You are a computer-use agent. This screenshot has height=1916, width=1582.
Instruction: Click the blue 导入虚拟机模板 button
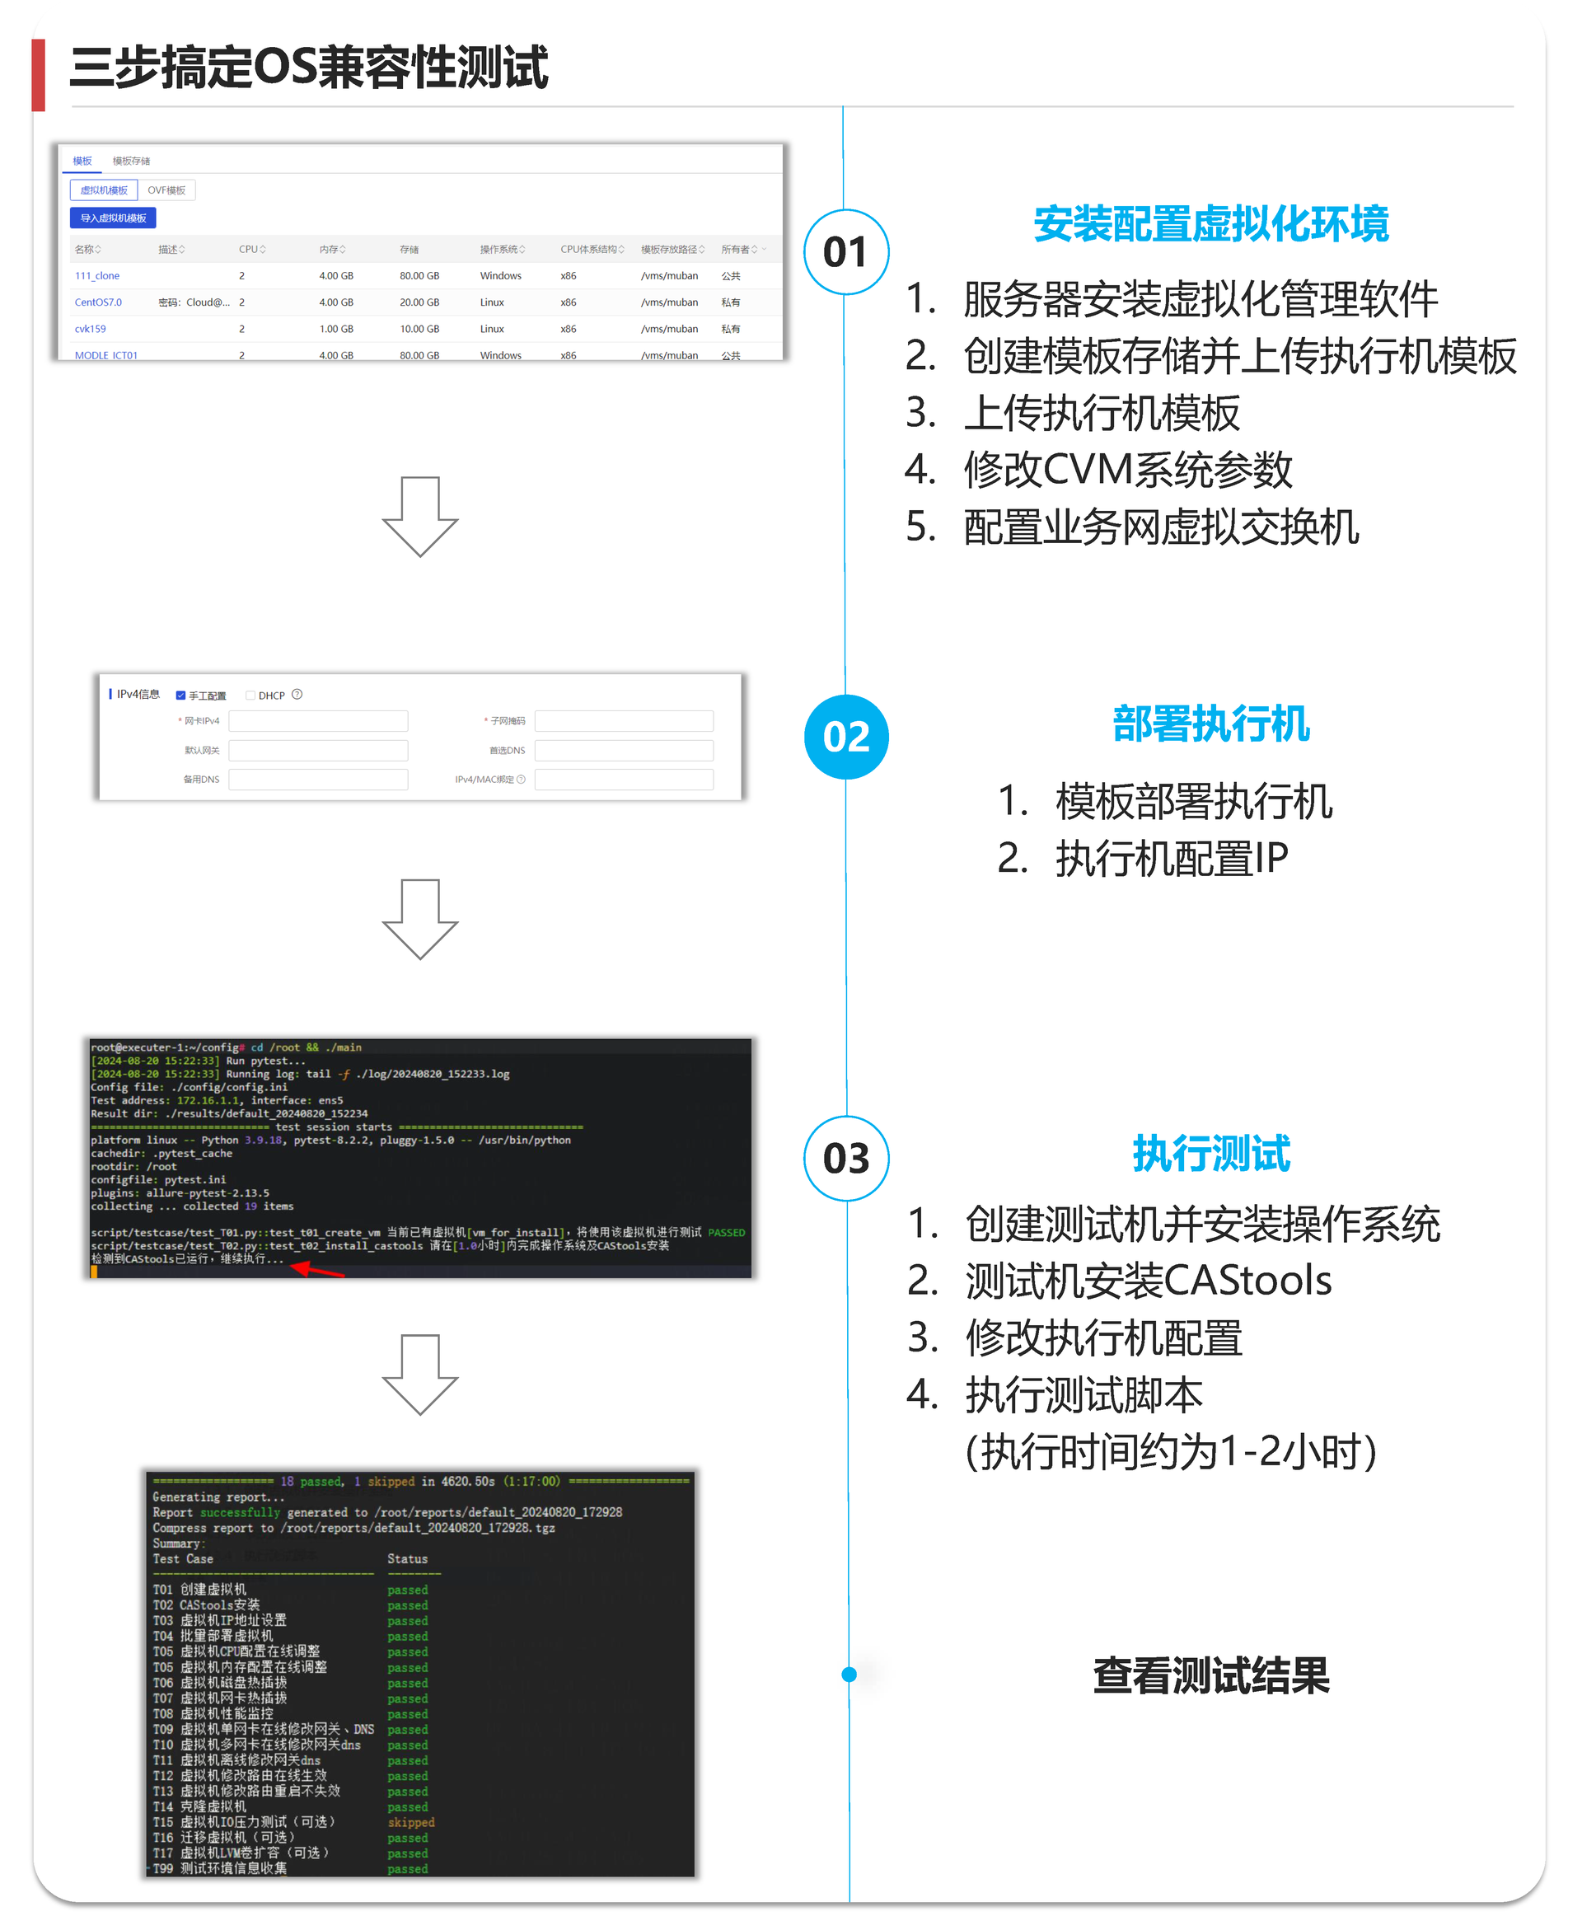[113, 218]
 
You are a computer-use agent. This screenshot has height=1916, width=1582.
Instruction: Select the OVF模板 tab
[166, 190]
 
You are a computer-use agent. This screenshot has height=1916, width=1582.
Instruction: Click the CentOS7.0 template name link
[97, 302]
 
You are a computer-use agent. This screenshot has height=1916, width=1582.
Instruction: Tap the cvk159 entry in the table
[90, 329]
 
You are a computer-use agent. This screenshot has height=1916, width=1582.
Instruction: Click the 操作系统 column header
[501, 250]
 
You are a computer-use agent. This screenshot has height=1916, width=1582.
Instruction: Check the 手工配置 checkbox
[180, 696]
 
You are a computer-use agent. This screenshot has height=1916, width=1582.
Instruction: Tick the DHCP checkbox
[250, 696]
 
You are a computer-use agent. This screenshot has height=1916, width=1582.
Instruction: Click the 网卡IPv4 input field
[318, 722]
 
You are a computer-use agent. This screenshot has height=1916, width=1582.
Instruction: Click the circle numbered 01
[845, 252]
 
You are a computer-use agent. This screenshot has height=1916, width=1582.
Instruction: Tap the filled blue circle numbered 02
[845, 737]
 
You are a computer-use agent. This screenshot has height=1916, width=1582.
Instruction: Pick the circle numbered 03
[845, 1159]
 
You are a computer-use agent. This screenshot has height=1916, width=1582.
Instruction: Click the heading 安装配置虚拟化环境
[1210, 224]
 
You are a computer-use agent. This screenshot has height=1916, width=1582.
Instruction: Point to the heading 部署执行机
[1210, 724]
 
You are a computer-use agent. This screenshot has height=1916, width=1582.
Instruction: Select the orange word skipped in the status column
[411, 1823]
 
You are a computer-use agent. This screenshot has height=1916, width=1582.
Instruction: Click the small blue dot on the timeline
[850, 1675]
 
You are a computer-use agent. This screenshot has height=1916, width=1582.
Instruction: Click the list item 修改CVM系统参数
[1127, 471]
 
